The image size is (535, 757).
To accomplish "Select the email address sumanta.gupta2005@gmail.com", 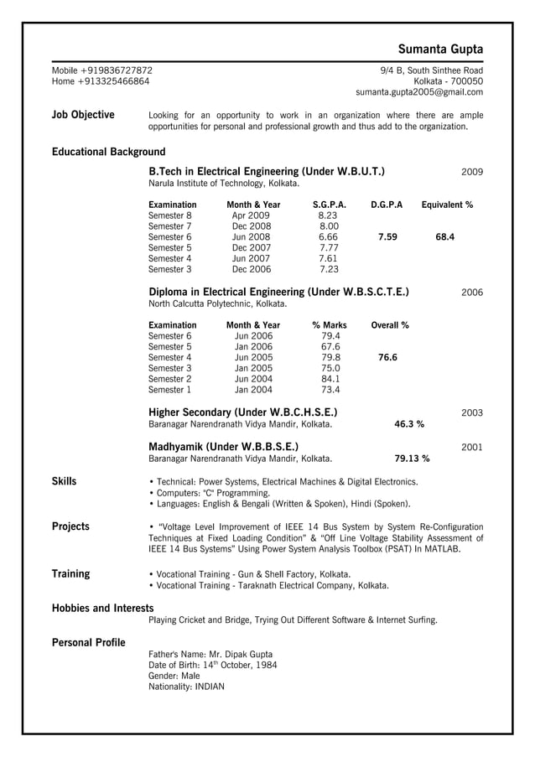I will [x=419, y=92].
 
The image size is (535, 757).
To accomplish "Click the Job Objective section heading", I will [x=83, y=115].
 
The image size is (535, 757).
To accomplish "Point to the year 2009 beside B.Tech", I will [x=472, y=172].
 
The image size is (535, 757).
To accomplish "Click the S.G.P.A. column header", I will [x=329, y=205].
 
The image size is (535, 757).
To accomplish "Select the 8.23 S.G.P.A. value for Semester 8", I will [x=329, y=215].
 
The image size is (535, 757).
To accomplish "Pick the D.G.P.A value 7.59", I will [x=387, y=237].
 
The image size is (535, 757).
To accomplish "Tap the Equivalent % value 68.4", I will [x=445, y=237].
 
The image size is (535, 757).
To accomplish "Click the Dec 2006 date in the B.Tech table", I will [x=252, y=270].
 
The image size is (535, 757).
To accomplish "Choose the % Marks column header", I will [x=329, y=325].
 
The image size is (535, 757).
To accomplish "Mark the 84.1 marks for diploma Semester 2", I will [x=330, y=379].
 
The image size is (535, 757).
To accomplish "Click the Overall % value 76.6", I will [x=387, y=357].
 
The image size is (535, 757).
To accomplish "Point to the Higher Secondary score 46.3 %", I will [x=409, y=425].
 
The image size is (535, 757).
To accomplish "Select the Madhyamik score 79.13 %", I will [x=412, y=459].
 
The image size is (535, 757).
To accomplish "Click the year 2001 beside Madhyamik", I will [x=472, y=448].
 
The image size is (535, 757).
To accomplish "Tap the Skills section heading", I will [x=65, y=481].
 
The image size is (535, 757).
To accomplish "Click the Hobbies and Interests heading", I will [x=102, y=608].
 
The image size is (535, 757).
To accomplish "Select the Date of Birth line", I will [x=212, y=665].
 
